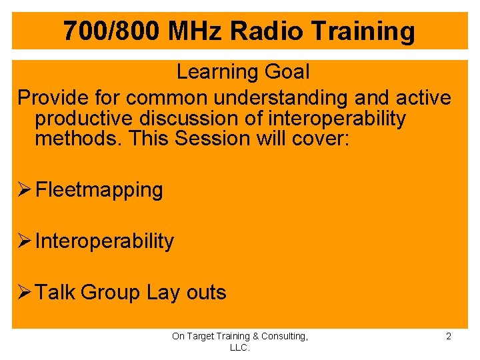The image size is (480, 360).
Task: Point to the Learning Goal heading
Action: pos(243,71)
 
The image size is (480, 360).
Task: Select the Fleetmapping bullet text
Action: pos(99,190)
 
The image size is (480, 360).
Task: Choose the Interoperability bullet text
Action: pos(104,241)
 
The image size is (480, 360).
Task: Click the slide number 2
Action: pos(448,337)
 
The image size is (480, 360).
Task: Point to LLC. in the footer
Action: pos(239,348)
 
